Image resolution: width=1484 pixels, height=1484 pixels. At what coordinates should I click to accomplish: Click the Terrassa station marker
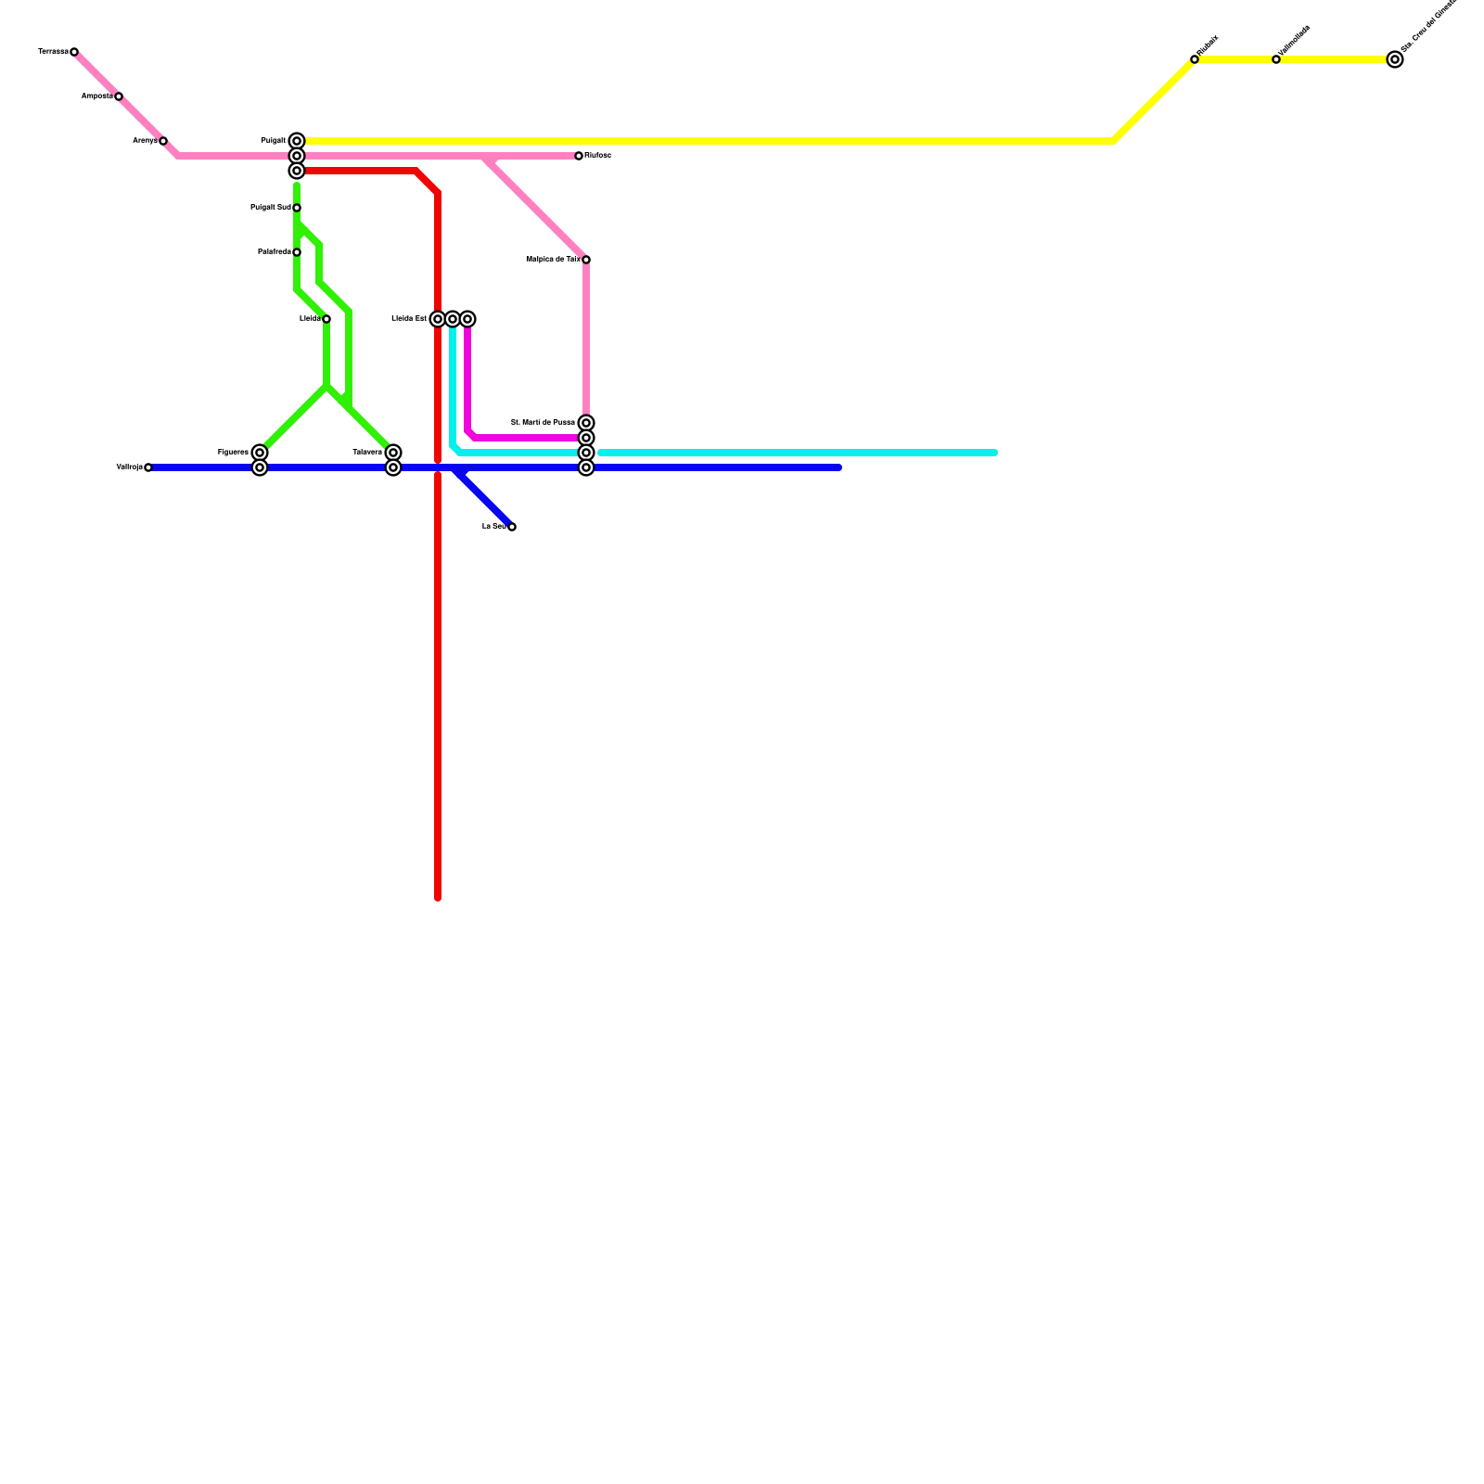[x=74, y=52]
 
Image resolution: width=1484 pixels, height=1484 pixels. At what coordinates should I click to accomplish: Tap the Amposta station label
[x=96, y=96]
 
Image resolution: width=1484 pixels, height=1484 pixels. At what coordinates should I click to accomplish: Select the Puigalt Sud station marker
[x=297, y=208]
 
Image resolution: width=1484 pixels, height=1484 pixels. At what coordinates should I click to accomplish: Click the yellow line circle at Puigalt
[x=297, y=141]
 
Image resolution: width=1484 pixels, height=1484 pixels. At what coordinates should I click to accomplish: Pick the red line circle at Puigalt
[x=297, y=171]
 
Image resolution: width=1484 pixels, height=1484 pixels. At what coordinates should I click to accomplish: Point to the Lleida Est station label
[x=409, y=319]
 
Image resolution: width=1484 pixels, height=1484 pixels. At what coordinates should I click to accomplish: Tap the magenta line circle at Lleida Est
[x=467, y=319]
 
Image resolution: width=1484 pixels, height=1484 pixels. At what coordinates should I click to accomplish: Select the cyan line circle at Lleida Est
[x=453, y=319]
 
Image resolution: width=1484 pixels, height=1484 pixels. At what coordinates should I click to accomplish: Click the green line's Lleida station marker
[x=326, y=319]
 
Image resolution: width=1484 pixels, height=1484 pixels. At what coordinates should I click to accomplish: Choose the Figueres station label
[x=233, y=453]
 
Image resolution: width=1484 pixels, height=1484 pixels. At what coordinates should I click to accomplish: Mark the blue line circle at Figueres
[x=260, y=467]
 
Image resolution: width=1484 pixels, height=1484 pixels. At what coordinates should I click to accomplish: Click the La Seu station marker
[x=512, y=527]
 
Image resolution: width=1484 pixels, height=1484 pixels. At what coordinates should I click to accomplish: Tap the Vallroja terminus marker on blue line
[x=148, y=467]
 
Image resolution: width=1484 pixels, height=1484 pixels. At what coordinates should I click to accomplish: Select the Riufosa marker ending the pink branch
[x=579, y=156]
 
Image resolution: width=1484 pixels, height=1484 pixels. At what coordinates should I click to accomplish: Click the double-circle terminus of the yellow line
[x=1395, y=59]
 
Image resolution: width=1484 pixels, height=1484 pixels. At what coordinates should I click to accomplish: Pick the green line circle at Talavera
[x=393, y=453]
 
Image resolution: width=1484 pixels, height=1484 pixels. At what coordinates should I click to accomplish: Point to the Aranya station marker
[x=163, y=141]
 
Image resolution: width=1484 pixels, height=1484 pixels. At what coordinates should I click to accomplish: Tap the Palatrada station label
[x=274, y=252]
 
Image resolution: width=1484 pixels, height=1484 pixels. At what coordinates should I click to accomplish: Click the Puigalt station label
[x=273, y=141]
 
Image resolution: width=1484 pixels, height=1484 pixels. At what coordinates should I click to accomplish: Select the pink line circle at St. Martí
[x=586, y=423]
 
